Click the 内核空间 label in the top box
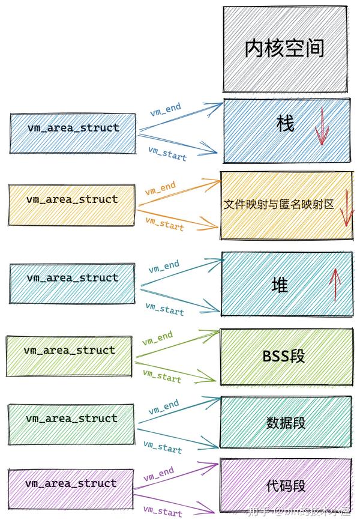(x=284, y=49)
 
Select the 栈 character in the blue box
(x=286, y=124)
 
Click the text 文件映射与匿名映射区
(x=278, y=205)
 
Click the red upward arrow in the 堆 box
(x=335, y=284)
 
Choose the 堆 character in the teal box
(x=280, y=284)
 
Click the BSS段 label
(x=284, y=356)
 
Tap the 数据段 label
(x=286, y=423)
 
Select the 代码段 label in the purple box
(x=286, y=485)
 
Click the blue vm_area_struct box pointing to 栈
(x=73, y=132)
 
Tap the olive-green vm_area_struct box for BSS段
(x=69, y=355)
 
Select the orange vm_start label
(x=164, y=225)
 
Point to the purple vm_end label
(x=158, y=474)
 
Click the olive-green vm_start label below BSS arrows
(x=161, y=376)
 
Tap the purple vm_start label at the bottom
(x=162, y=512)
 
